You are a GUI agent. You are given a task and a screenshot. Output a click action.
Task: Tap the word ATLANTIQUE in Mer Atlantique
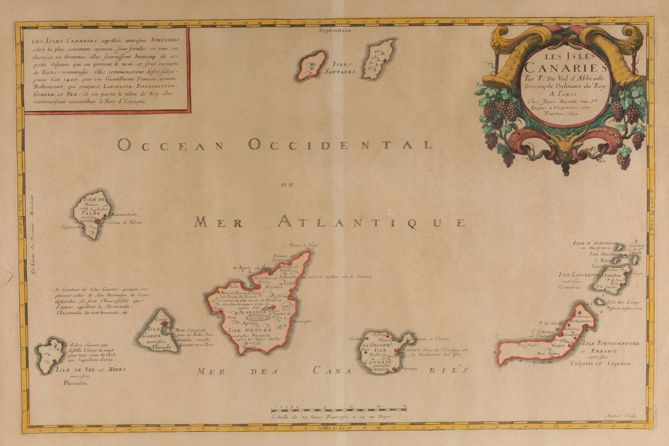371,221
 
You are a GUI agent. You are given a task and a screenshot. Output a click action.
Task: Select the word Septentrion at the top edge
334,31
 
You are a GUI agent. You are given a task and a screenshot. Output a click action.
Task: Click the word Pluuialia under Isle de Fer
75,382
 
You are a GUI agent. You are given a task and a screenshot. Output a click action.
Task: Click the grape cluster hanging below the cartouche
508,158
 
